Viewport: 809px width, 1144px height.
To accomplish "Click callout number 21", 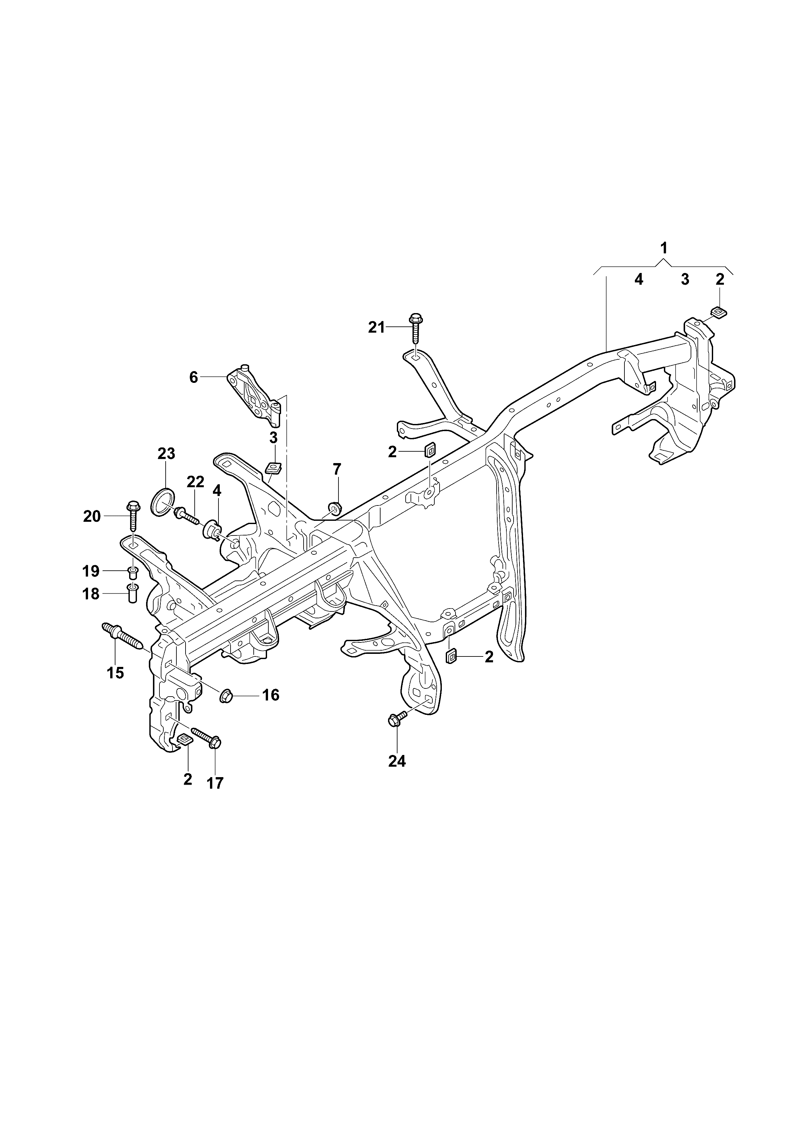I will click(377, 327).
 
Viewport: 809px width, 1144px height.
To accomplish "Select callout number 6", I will click(194, 377).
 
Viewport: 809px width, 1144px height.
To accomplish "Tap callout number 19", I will click(92, 570).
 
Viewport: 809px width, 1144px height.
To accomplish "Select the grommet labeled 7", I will click(335, 508).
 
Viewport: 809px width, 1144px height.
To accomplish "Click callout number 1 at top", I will click(664, 248).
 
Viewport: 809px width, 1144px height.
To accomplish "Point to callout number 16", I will click(271, 695).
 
